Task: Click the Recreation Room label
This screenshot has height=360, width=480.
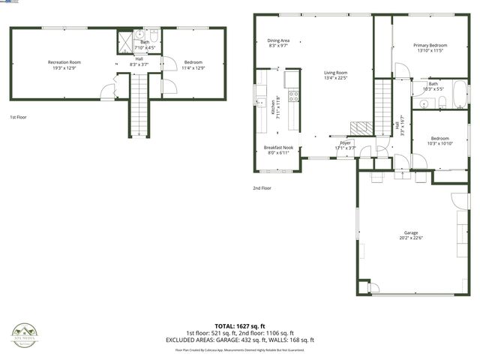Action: coord(64,62)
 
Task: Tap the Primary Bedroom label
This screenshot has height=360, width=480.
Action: coord(430,46)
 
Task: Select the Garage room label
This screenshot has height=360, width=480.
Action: coord(411,233)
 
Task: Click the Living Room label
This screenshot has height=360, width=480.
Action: coord(336,72)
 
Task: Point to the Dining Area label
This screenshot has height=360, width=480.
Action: coord(278,40)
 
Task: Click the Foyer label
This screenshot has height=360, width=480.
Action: coord(345,142)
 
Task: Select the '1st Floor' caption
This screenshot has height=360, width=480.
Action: coord(18,118)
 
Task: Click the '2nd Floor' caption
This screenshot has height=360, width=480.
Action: coord(262,187)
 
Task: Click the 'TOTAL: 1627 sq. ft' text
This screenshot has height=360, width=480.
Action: coord(240,327)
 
